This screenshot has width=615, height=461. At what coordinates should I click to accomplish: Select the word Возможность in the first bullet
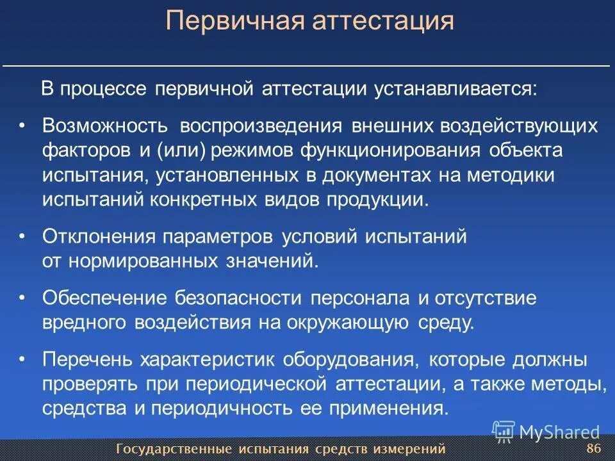105,125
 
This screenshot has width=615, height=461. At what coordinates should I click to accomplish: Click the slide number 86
593,447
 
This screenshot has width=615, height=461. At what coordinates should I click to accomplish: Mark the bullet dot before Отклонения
22,236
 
